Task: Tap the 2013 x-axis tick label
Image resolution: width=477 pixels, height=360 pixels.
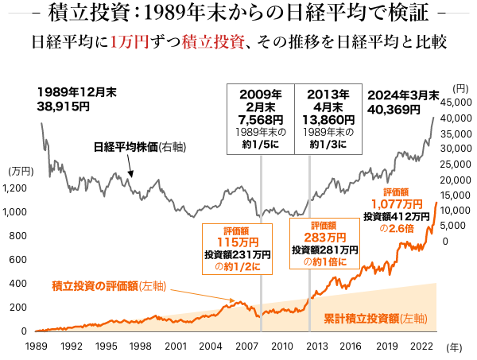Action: [x=316, y=346]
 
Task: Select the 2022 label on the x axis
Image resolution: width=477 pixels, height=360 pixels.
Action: [x=421, y=346]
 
